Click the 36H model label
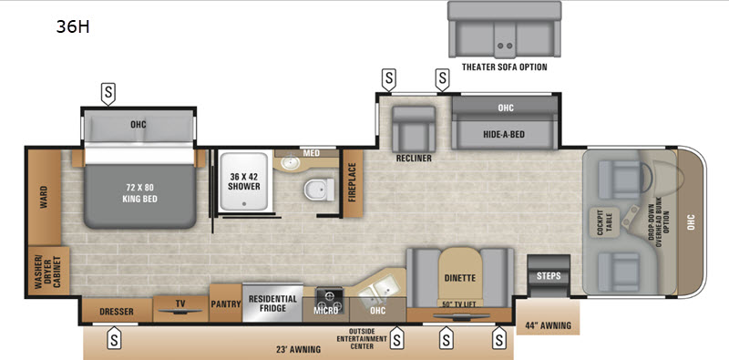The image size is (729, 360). click(x=73, y=27)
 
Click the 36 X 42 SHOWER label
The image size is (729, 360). click(x=244, y=181)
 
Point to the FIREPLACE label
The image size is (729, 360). click(x=352, y=182)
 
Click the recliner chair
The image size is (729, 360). click(x=414, y=129)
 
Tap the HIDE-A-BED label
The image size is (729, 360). click(x=506, y=134)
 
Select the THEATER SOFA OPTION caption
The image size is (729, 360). click(x=505, y=67)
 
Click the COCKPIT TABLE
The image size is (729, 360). click(x=604, y=222)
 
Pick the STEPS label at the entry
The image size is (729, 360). click(x=549, y=276)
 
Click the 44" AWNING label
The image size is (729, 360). click(x=549, y=325)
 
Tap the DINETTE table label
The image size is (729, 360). click(x=460, y=278)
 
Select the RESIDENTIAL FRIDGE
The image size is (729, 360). click(x=272, y=302)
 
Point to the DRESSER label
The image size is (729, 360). click(x=117, y=311)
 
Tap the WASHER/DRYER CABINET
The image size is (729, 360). click(x=49, y=271)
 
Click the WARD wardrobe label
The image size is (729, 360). click(x=44, y=198)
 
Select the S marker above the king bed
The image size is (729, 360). click(x=108, y=94)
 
